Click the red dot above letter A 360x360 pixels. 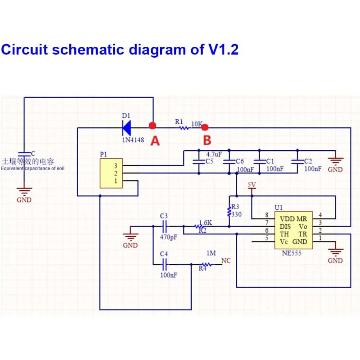153,126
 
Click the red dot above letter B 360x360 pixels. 205,127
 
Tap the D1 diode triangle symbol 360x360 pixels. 127,128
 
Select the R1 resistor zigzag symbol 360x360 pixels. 184,128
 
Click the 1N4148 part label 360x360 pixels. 133,139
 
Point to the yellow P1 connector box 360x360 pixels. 111,173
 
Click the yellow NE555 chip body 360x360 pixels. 293,230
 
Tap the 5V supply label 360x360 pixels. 252,185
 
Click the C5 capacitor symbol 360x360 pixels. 199,162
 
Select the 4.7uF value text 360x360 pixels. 214,154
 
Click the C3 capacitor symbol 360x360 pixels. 164,226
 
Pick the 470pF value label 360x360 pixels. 168,237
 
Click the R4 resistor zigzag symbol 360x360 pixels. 207,265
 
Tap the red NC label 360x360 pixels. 226,261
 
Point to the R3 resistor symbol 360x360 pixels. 229,211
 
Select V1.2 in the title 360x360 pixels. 223,49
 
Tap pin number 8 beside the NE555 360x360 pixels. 267,215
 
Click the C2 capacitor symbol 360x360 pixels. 297,162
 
